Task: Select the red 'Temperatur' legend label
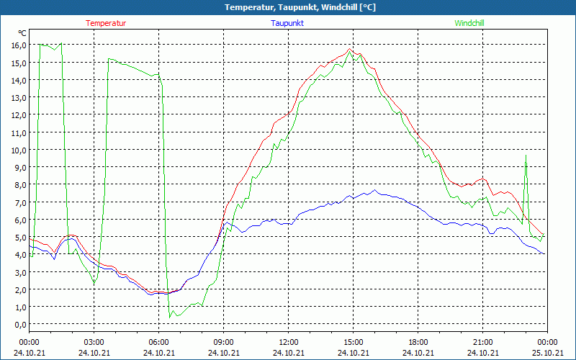[106, 23]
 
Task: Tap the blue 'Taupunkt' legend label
[287, 23]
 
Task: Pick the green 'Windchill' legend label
[469, 23]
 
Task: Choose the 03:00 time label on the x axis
[94, 342]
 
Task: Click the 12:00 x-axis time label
[289, 342]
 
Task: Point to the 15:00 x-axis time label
[354, 342]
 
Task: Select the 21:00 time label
[483, 342]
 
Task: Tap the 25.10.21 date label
[547, 353]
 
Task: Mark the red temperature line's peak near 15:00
[350, 49]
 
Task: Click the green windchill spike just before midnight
[526, 155]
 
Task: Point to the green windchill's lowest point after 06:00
[170, 317]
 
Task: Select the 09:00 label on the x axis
[224, 342]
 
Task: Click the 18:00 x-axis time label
[418, 342]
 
